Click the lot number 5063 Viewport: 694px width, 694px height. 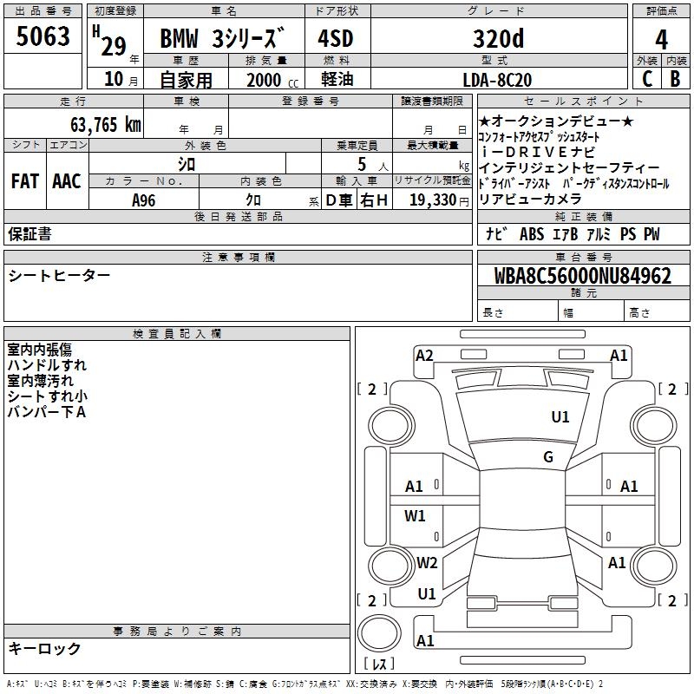pyautogui.click(x=43, y=37)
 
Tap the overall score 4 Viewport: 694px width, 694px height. pyautogui.click(x=661, y=39)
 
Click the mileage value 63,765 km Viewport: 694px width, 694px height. pyautogui.click(x=99, y=124)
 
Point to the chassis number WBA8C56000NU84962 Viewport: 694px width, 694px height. pyautogui.click(x=582, y=276)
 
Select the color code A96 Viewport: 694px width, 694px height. pyautogui.click(x=144, y=200)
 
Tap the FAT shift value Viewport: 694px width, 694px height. pyautogui.click(x=24, y=181)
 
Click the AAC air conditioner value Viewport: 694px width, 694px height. pyautogui.click(x=67, y=181)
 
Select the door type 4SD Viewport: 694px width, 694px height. pyautogui.click(x=335, y=39)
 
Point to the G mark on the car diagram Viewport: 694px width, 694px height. pyautogui.click(x=548, y=457)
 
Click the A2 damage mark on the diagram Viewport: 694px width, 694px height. pyautogui.click(x=424, y=355)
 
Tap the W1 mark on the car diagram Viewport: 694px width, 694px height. pyautogui.click(x=416, y=516)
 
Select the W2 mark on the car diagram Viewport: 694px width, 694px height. pyautogui.click(x=426, y=562)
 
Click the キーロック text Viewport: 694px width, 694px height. pyautogui.click(x=44, y=648)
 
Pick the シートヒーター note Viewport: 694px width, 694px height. pyautogui.click(x=59, y=275)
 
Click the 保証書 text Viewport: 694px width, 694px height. pyautogui.click(x=29, y=233)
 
